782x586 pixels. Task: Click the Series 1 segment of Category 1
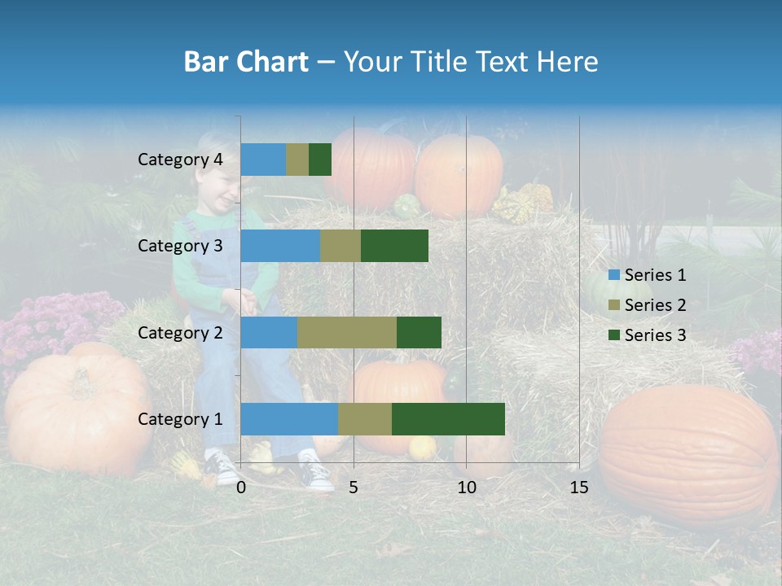tap(289, 418)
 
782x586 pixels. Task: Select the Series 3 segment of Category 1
tap(448, 418)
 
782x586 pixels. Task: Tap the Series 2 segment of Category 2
tap(347, 332)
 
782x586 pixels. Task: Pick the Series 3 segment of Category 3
tap(394, 246)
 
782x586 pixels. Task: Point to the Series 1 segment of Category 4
tap(263, 160)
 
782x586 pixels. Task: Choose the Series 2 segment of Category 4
tap(297, 160)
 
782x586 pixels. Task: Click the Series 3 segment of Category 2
tap(419, 332)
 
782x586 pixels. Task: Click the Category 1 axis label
tap(180, 419)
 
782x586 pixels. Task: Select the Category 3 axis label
tap(180, 246)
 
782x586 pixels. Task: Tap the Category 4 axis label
tap(180, 160)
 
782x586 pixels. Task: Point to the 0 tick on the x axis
tap(241, 488)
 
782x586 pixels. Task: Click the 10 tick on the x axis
tap(466, 488)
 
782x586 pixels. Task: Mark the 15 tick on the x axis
tap(578, 488)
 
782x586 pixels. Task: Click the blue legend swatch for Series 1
tap(613, 275)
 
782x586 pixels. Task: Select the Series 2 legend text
tap(655, 305)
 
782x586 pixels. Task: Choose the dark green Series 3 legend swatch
tap(613, 335)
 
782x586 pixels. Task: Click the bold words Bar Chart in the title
tap(245, 62)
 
